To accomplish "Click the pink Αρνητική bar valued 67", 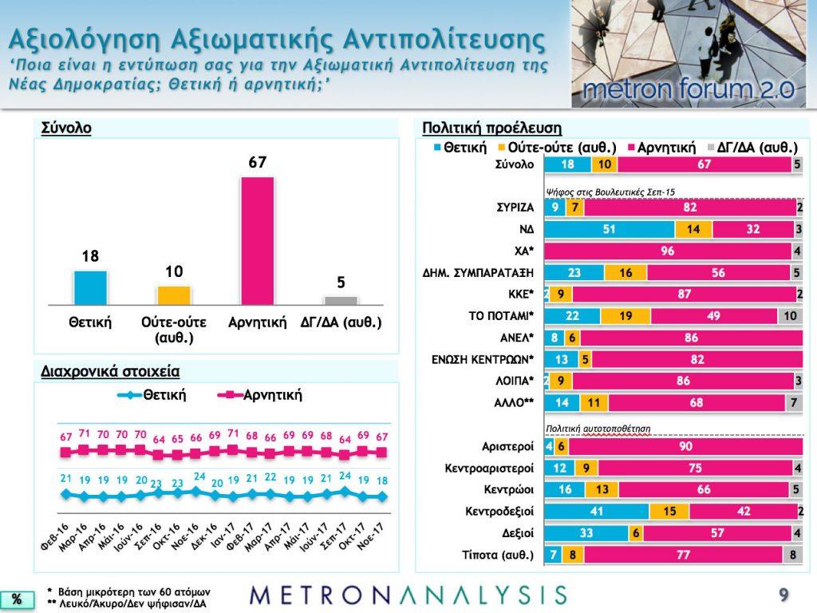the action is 258,241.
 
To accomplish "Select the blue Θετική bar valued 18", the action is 91,287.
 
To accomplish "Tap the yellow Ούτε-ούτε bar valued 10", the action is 174,295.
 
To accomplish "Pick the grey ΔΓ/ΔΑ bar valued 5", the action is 341,301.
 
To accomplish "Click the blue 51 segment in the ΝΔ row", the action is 610,229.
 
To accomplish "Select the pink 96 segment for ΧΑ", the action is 668,251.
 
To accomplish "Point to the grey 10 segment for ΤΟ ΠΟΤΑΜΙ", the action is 790,316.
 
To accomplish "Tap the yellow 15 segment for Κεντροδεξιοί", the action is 669,512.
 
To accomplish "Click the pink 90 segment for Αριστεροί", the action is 685,446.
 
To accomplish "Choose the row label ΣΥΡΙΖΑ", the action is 515,208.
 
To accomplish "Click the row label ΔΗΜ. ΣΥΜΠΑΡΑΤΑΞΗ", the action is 479,273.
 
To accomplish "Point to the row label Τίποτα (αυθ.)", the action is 498,556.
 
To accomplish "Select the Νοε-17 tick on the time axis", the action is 371,536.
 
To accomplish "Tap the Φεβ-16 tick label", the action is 55,537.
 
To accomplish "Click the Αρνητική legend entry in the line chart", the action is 260,395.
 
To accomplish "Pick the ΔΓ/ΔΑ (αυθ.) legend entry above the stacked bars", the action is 752,148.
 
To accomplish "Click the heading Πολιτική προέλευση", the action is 491,128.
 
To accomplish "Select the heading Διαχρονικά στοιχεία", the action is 110,372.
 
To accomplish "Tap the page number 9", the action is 783,594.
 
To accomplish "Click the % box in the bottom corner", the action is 17,599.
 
